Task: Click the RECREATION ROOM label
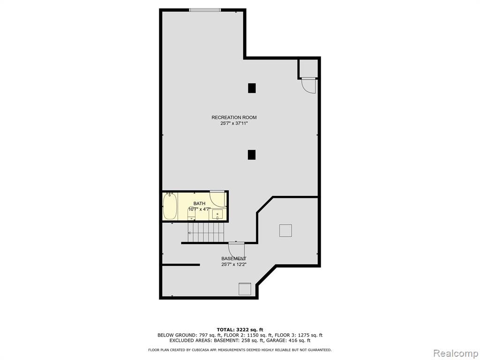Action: (x=234, y=117)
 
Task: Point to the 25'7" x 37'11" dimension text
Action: (x=234, y=123)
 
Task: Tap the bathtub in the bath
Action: (x=170, y=206)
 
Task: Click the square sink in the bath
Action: (x=217, y=214)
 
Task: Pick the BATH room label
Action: (x=199, y=203)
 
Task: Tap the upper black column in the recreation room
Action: (x=252, y=88)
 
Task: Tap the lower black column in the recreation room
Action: (x=252, y=155)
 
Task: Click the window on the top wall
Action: (x=205, y=10)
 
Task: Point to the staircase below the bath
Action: (x=206, y=232)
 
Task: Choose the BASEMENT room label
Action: (x=234, y=259)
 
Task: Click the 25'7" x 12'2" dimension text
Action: (x=234, y=264)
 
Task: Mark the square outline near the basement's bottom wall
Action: (x=245, y=289)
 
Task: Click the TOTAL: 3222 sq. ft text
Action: (x=240, y=330)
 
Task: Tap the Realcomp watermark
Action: (x=456, y=353)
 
